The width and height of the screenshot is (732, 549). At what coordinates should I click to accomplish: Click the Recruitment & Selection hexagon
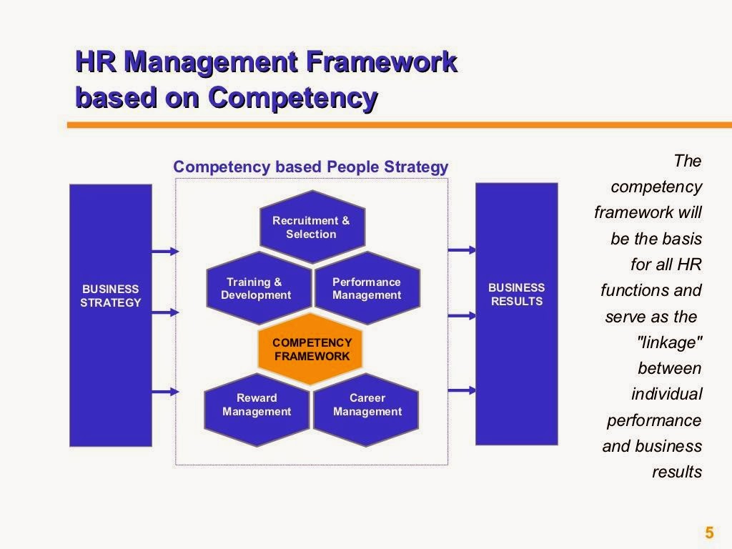(311, 227)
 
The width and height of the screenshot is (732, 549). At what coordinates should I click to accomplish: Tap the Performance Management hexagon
(367, 289)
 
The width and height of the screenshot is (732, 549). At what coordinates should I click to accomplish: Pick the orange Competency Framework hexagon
(311, 350)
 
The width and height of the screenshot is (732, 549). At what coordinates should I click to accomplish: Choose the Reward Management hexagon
(257, 405)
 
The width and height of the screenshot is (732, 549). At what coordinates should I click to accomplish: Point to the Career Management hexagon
(367, 405)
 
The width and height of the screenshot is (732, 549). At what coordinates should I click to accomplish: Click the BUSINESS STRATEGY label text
(110, 296)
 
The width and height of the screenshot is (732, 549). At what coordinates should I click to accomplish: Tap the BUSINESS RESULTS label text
(517, 295)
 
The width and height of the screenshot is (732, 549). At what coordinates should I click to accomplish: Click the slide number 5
(709, 533)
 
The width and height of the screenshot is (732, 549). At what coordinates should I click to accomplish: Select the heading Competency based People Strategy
(310, 167)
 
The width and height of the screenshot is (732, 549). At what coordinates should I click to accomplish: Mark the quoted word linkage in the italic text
(670, 342)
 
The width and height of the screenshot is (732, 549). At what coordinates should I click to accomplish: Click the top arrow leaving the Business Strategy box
(165, 251)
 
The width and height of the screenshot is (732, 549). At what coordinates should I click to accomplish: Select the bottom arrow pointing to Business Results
(462, 390)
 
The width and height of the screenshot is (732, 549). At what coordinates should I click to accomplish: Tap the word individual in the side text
(666, 394)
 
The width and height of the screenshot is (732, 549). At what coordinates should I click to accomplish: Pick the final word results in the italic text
(677, 472)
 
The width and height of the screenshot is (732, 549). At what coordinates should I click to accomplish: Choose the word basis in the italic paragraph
(681, 239)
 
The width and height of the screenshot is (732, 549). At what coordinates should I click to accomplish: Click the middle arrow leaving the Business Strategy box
(165, 312)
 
